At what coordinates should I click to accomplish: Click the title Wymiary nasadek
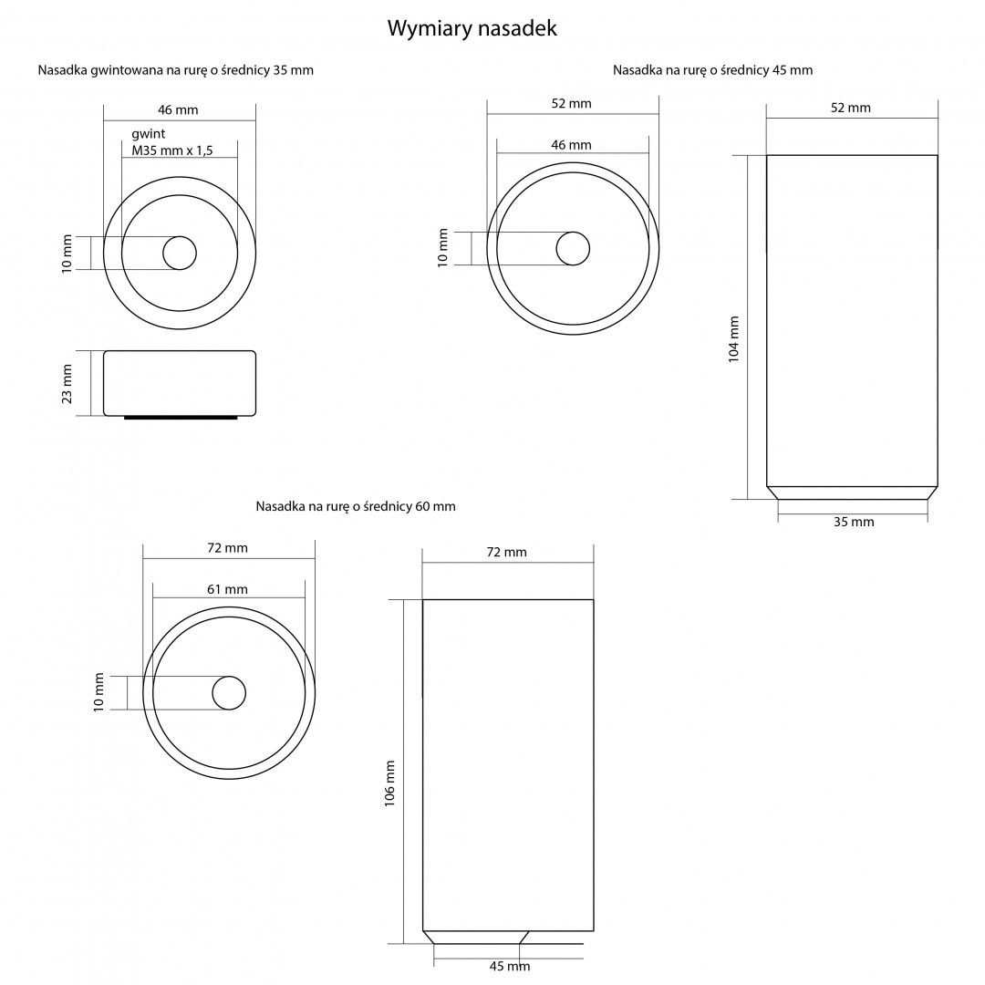pyautogui.click(x=472, y=28)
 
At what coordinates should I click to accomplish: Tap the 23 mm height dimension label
pyautogui.click(x=67, y=383)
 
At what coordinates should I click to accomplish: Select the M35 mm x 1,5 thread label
pyautogui.click(x=172, y=150)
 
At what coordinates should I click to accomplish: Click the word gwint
pyautogui.click(x=149, y=134)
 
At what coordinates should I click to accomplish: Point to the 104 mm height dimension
pyautogui.click(x=733, y=339)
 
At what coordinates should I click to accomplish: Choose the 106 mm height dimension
pyautogui.click(x=389, y=783)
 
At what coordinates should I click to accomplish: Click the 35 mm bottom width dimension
pyautogui.click(x=854, y=522)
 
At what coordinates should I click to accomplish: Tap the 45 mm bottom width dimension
pyautogui.click(x=510, y=966)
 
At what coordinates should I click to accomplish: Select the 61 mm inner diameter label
pyautogui.click(x=227, y=589)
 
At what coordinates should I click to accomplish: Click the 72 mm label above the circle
pyautogui.click(x=227, y=548)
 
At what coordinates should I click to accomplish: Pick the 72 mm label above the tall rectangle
pyautogui.click(x=506, y=552)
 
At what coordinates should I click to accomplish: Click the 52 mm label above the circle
pyautogui.click(x=571, y=104)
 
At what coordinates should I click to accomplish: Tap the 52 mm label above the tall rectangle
pyautogui.click(x=851, y=108)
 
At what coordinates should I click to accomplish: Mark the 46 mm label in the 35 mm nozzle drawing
pyautogui.click(x=178, y=110)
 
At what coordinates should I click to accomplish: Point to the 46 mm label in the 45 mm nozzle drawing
pyautogui.click(x=571, y=145)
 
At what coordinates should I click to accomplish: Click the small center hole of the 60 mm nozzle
pyautogui.click(x=229, y=693)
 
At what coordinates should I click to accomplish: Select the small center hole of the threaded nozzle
pyautogui.click(x=180, y=253)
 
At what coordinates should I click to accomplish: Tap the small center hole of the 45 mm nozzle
pyautogui.click(x=573, y=248)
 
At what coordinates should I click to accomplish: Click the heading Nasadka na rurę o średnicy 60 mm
pyautogui.click(x=356, y=506)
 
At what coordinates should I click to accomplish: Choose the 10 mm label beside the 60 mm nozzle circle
pyautogui.click(x=98, y=693)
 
